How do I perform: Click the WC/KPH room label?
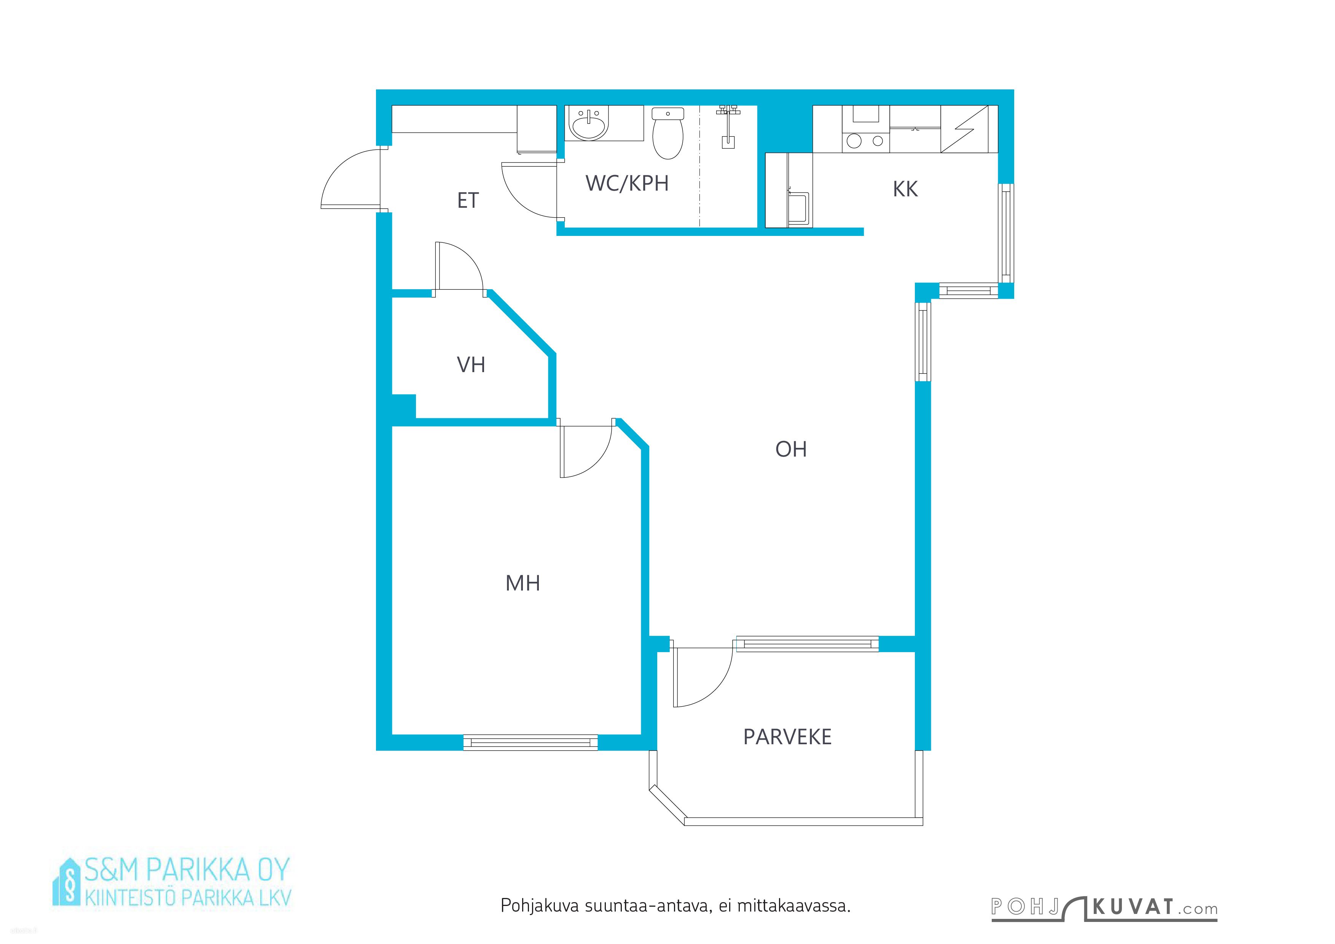tap(627, 184)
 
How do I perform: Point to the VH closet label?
tap(471, 365)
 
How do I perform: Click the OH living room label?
tap(791, 449)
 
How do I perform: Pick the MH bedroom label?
tap(523, 583)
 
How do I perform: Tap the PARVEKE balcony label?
tap(787, 737)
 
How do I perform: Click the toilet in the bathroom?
tap(667, 133)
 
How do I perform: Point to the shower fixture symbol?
tap(727, 126)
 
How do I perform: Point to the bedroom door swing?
tap(586, 452)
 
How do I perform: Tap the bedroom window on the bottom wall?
tap(530, 742)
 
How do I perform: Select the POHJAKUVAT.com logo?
tap(1104, 909)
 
